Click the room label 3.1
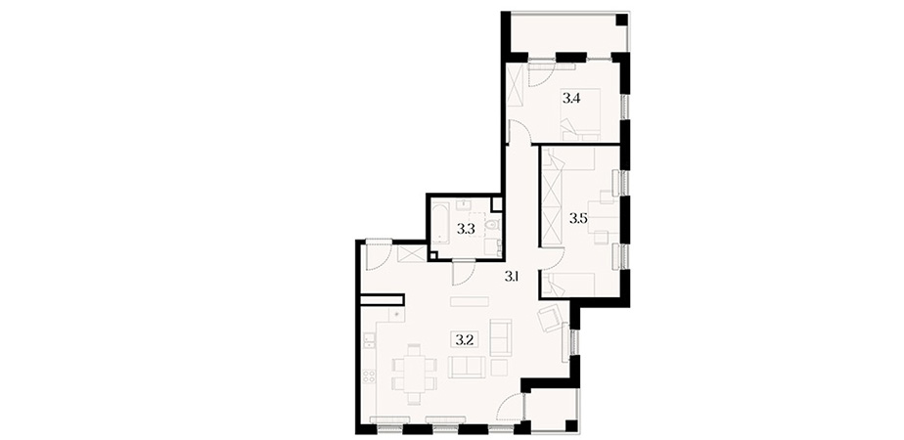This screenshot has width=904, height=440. [513, 277]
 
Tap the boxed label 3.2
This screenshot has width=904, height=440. [465, 339]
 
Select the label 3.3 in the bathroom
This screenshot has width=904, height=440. [466, 229]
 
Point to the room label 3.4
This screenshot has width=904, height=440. [571, 98]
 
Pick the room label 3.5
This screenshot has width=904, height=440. [578, 218]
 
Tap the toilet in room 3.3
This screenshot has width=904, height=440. [492, 225]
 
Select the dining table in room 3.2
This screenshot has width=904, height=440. [414, 374]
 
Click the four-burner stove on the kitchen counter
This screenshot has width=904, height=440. [369, 376]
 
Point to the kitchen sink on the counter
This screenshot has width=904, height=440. [369, 341]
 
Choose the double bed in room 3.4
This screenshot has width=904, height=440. [580, 114]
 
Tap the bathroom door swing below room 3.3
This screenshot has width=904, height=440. [464, 272]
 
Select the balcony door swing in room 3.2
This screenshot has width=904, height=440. [512, 409]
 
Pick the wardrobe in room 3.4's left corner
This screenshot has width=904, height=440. [515, 85]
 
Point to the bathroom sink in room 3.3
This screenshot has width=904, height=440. [464, 205]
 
